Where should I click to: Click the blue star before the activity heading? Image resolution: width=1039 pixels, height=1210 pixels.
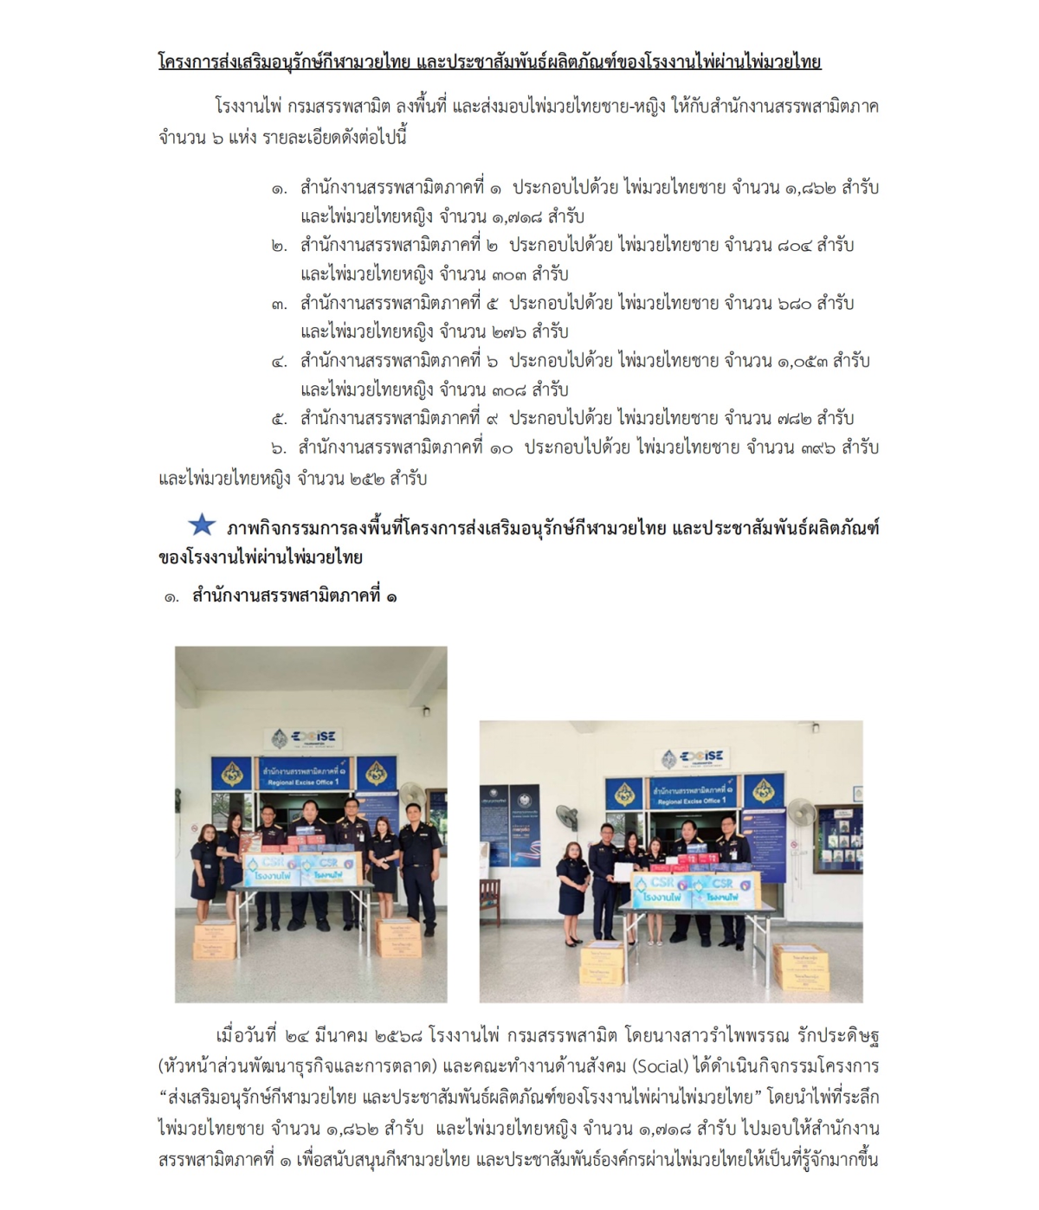[202, 525]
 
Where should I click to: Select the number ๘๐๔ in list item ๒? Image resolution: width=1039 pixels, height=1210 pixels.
[794, 245]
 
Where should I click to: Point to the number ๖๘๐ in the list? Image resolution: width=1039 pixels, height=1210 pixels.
[794, 303]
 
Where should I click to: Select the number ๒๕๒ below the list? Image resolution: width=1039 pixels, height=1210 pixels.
[368, 478]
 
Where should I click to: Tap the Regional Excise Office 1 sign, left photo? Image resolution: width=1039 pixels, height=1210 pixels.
[302, 776]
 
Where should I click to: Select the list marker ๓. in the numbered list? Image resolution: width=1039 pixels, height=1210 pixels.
[279, 304]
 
